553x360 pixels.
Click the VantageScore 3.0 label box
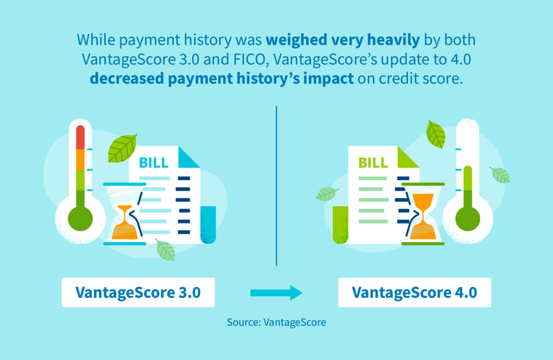tap(138, 292)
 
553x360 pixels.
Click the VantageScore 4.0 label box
tap(415, 292)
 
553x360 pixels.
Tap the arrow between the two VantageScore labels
tap(276, 293)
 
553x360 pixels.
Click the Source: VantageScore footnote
tap(276, 322)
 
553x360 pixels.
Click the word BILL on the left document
tap(153, 163)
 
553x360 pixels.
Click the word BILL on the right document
tap(373, 163)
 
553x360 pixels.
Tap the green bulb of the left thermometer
tap(79, 218)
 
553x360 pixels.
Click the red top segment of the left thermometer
tap(79, 138)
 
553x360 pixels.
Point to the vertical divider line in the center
tap(276, 184)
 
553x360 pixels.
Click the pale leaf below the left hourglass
tap(165, 249)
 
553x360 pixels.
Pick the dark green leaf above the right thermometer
tap(436, 133)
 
